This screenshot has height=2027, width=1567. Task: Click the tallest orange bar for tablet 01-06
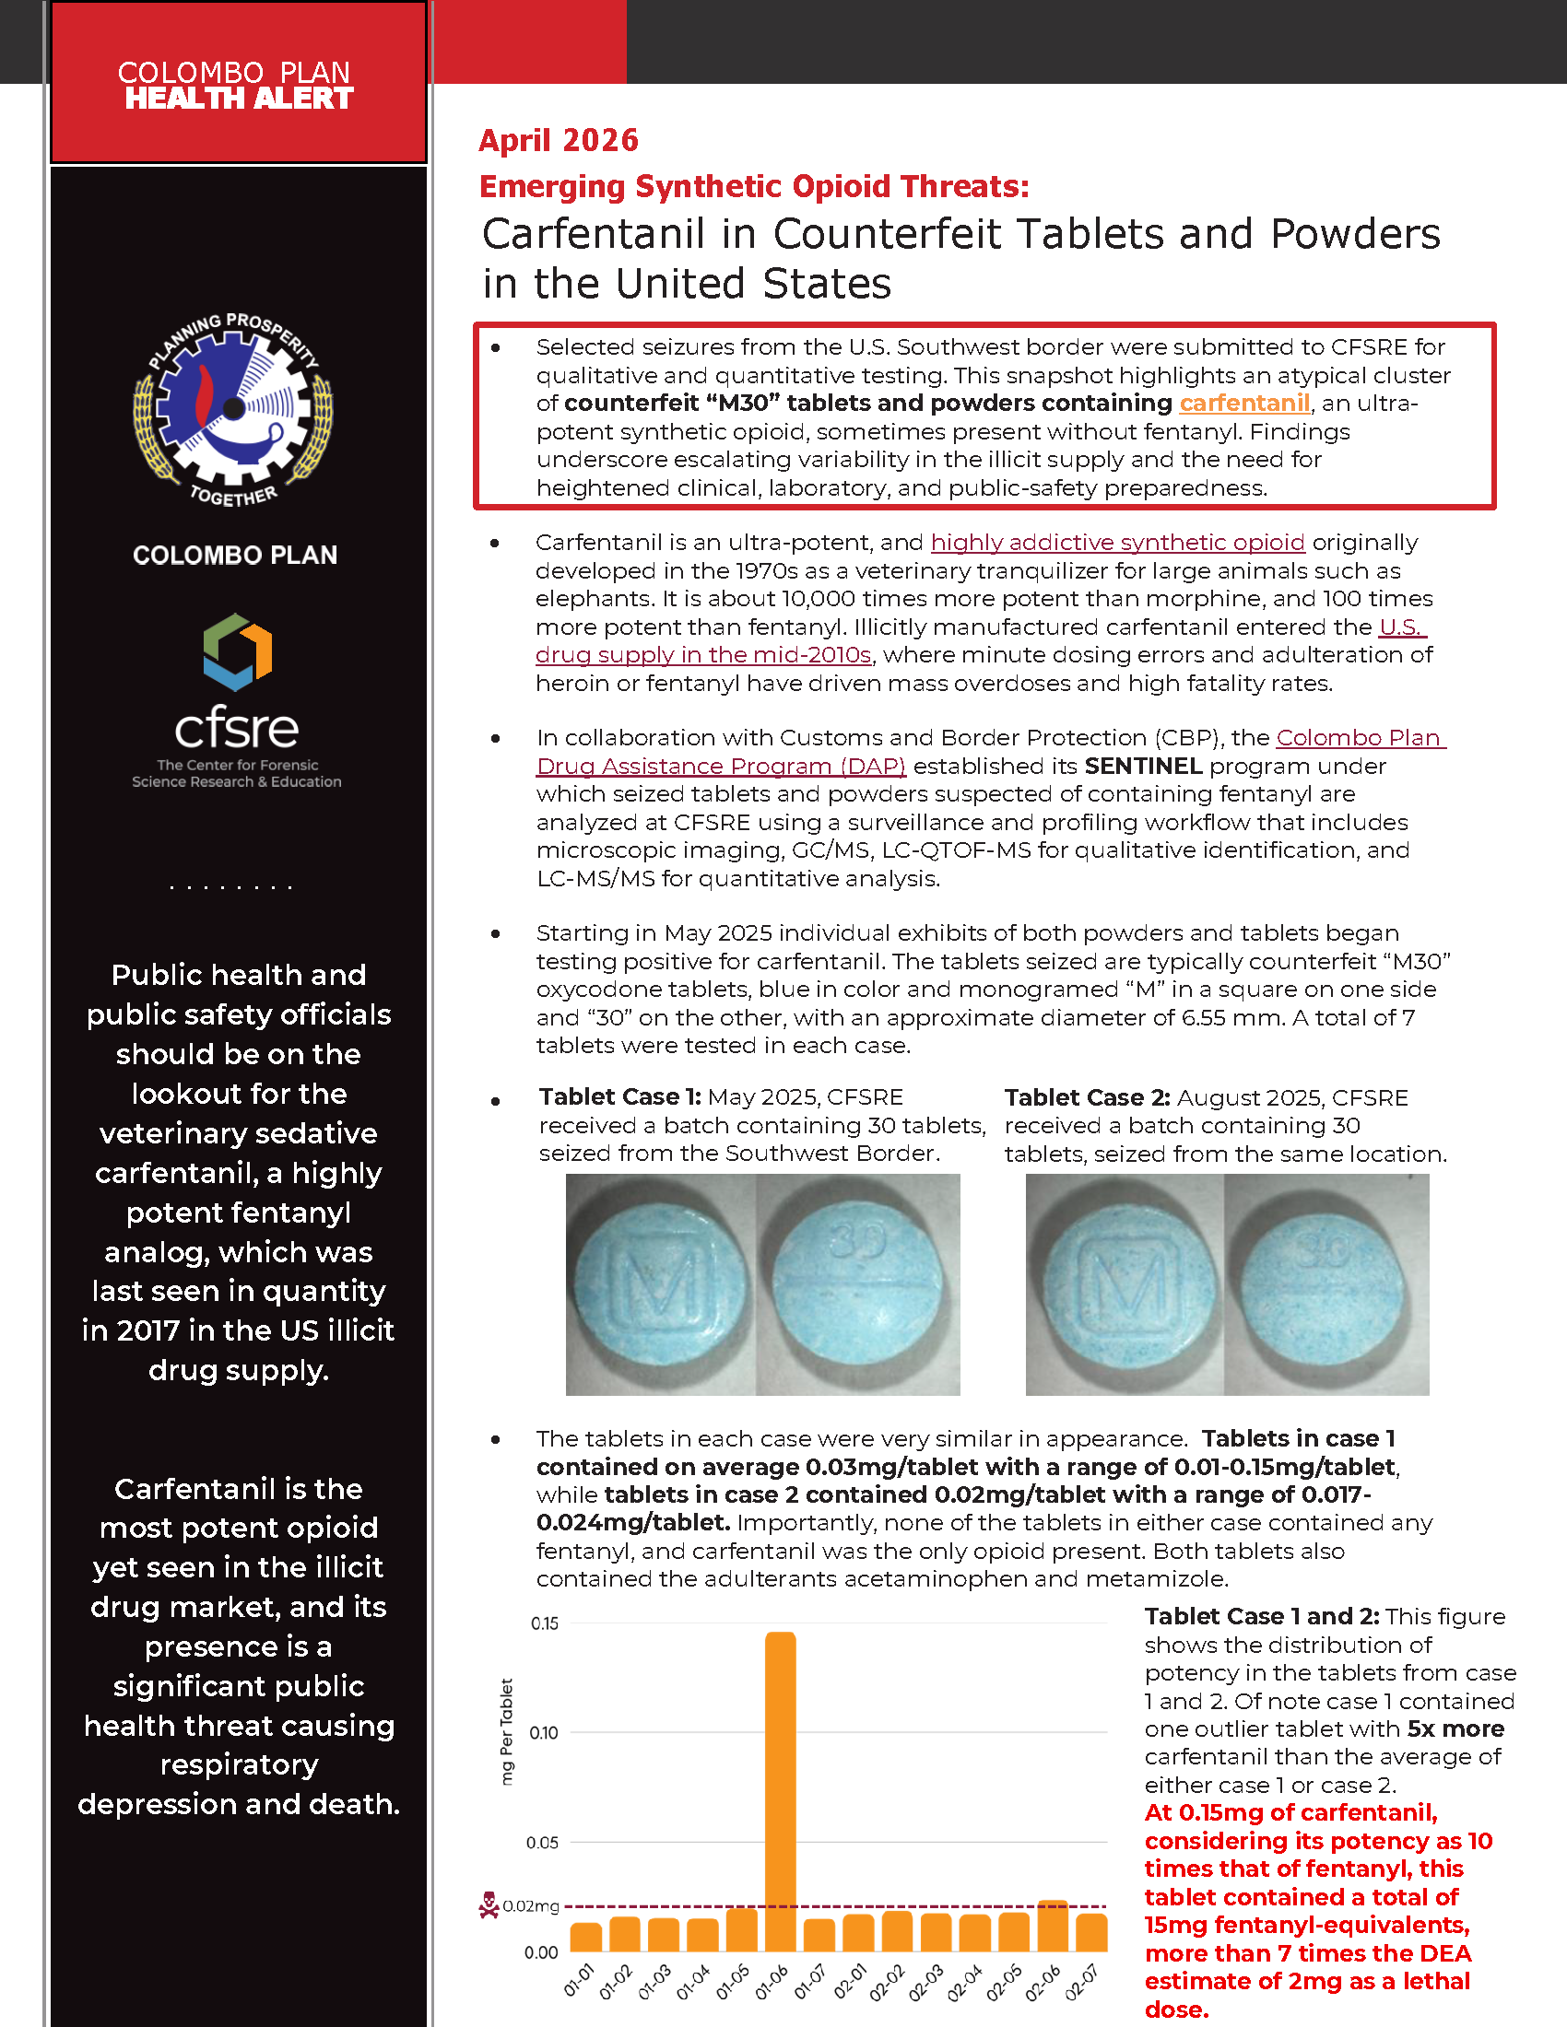780,1791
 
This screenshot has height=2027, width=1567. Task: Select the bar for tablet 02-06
1052,1927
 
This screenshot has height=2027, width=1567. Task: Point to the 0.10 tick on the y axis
544,1733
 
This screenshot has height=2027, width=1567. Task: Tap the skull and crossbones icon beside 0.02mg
489,1905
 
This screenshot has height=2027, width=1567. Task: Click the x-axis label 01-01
578,1981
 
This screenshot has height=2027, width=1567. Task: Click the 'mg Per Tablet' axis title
507,1732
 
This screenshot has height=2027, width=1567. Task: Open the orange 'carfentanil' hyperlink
1244,403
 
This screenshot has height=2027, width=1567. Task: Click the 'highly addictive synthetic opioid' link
1118,542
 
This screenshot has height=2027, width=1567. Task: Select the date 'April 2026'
559,140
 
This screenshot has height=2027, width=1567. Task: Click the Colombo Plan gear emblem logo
233,409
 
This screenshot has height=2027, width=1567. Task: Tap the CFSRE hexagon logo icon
238,651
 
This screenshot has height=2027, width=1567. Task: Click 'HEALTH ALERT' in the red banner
239,99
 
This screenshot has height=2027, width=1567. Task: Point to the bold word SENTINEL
1143,766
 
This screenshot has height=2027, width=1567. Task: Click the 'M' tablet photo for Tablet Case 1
661,1284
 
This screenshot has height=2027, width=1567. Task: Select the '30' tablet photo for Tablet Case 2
1326,1284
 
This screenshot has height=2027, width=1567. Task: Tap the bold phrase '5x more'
1455,1729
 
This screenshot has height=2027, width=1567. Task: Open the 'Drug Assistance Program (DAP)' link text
721,766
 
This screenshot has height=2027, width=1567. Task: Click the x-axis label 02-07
1081,1981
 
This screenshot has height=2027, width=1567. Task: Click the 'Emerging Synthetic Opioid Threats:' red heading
754,186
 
